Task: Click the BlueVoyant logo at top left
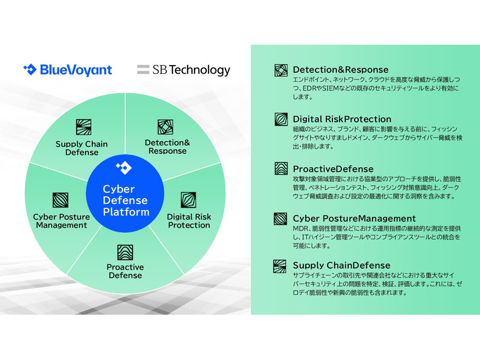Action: [x=67, y=70]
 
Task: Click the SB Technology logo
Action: [x=184, y=70]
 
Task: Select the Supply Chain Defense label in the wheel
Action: [x=82, y=148]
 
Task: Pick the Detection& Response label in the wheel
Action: [x=167, y=146]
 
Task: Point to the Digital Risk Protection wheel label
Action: [x=189, y=221]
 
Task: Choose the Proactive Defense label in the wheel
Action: [x=125, y=271]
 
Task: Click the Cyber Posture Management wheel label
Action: [x=61, y=221]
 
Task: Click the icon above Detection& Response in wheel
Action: [x=166, y=127]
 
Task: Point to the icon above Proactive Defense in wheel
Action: [x=125, y=252]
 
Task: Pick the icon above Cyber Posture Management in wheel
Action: [x=60, y=200]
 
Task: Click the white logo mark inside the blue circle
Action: [x=124, y=168]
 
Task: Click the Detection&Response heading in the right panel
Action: [x=341, y=70]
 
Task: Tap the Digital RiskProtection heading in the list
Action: [x=342, y=120]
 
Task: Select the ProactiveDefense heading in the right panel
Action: [x=333, y=169]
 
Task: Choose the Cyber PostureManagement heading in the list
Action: [x=354, y=218]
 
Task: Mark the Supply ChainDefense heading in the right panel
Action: [x=341, y=266]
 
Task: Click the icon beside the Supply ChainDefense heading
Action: [x=281, y=267]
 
